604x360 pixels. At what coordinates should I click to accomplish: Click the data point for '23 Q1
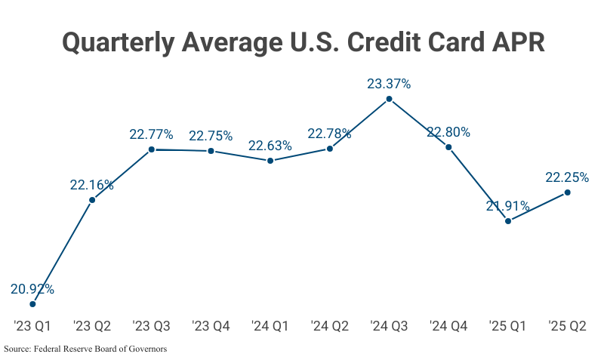click(32, 304)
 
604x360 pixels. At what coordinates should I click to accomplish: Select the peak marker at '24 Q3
click(389, 99)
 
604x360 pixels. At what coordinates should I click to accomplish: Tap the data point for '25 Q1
click(508, 221)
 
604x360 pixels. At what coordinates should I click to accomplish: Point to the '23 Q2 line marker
click(92, 200)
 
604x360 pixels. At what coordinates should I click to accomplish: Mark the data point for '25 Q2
click(568, 192)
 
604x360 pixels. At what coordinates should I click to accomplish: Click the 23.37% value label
click(389, 85)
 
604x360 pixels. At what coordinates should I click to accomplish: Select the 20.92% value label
click(32, 289)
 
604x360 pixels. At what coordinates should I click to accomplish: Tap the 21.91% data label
click(507, 206)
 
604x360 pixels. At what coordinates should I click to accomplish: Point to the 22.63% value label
click(270, 146)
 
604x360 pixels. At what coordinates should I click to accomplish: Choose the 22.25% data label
click(567, 177)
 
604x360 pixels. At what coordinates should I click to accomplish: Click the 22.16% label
click(92, 185)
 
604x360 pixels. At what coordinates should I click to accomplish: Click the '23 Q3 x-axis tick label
click(151, 326)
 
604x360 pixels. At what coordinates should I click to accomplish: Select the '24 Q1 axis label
click(270, 326)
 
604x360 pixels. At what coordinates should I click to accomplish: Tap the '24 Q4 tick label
click(448, 326)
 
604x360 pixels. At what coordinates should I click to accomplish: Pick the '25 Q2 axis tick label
click(567, 326)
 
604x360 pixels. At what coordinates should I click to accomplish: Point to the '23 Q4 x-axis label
click(211, 326)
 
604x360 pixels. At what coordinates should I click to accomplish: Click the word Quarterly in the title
click(118, 42)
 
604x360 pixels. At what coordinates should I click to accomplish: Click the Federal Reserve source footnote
click(85, 349)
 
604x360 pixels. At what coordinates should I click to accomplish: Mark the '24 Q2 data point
click(330, 149)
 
